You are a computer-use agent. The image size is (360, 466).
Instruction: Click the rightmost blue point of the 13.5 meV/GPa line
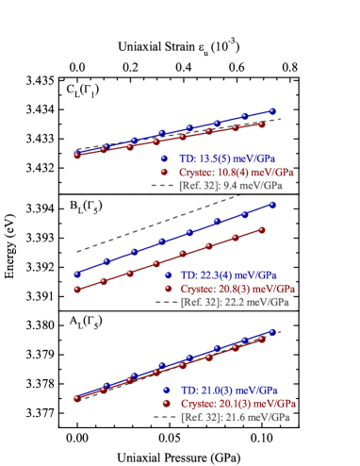[x=272, y=110]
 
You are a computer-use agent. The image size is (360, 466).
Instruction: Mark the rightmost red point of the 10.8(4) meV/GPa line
[x=262, y=125]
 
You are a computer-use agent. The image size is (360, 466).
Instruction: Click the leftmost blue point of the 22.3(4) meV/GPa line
[x=77, y=275]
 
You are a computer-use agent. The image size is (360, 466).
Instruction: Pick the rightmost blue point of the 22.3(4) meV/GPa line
[x=272, y=204]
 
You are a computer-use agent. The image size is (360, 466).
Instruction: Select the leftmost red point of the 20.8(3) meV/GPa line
[x=77, y=290]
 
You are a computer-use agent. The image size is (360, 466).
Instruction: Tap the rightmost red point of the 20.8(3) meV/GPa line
[x=262, y=229]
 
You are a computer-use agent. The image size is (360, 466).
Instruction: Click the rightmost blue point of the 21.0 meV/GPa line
[x=272, y=331]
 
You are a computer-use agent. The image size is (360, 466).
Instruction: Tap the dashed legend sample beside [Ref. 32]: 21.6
[x=165, y=416]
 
